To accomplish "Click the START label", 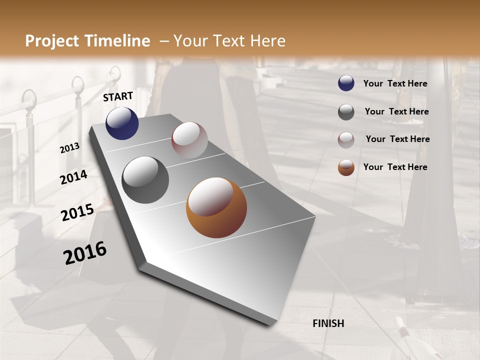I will click(118, 96).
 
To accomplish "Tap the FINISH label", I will click(328, 323).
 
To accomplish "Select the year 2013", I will click(70, 148).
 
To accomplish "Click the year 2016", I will click(85, 253).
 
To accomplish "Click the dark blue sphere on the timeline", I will click(122, 123).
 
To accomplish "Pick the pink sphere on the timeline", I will click(189, 140).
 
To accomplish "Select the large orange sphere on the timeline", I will click(216, 207).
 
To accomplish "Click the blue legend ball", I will click(346, 83).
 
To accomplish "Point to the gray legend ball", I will click(346, 112).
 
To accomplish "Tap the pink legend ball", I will click(346, 140).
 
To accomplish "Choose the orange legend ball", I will click(346, 167).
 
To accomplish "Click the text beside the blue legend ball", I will click(395, 83).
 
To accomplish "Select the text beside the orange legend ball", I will click(395, 167).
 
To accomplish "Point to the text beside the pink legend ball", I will click(397, 139).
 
